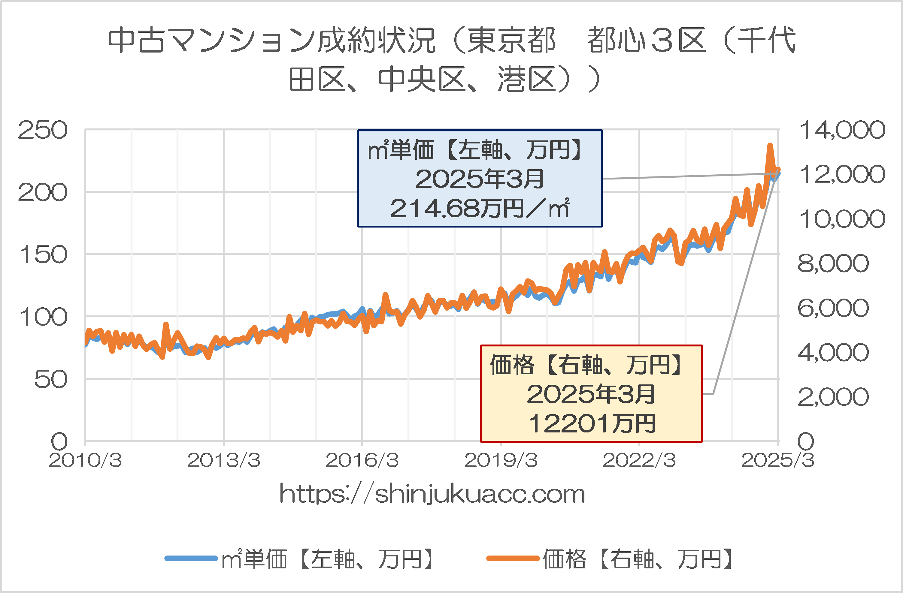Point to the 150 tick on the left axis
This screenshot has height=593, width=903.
43,254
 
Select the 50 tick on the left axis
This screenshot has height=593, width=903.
51,379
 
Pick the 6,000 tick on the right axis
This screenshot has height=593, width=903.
833,308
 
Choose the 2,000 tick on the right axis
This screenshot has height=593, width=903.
833,397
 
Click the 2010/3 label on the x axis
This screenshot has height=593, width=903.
85,461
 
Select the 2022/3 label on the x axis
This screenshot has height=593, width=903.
639,461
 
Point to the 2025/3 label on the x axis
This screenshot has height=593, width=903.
778,461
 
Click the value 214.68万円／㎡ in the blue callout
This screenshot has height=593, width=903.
480,208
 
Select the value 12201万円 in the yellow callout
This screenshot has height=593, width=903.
592,423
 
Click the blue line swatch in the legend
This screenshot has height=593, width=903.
191,558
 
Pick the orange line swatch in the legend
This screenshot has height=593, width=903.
513,558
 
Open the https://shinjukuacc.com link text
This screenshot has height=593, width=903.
432,494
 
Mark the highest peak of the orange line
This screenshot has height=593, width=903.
770,145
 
